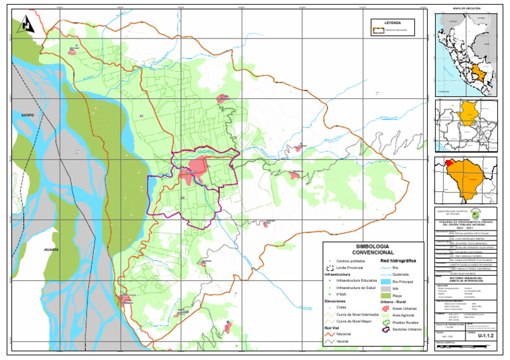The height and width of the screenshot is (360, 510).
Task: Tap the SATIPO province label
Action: coord(27,115)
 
